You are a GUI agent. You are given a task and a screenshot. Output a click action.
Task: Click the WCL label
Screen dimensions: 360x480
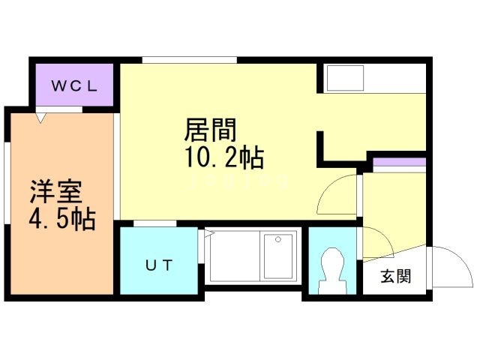[x=73, y=85]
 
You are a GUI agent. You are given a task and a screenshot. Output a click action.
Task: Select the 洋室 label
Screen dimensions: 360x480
[x=55, y=192]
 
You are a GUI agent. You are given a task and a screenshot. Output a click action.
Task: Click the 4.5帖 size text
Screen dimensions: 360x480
[x=63, y=220]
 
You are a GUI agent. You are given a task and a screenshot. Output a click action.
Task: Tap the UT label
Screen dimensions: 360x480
[x=158, y=264]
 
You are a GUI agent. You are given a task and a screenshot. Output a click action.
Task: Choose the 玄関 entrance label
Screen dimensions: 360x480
[x=395, y=276]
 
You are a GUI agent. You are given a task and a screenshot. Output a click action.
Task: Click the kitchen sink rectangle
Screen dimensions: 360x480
[x=343, y=78]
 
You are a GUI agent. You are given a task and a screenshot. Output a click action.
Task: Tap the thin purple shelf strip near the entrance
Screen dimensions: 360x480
[x=400, y=163]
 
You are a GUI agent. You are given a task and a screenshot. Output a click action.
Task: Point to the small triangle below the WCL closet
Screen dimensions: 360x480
[x=42, y=117]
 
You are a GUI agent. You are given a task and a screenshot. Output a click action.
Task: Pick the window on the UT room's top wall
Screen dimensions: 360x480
[x=155, y=223]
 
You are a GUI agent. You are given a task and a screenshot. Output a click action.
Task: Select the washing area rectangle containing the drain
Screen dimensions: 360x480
[x=279, y=256]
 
